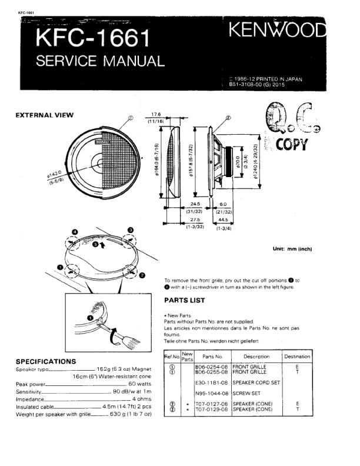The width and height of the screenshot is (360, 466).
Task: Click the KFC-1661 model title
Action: click(x=94, y=39)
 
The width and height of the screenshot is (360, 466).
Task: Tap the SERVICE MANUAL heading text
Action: click(x=100, y=61)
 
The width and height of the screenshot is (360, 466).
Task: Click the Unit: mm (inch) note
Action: click(x=292, y=249)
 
